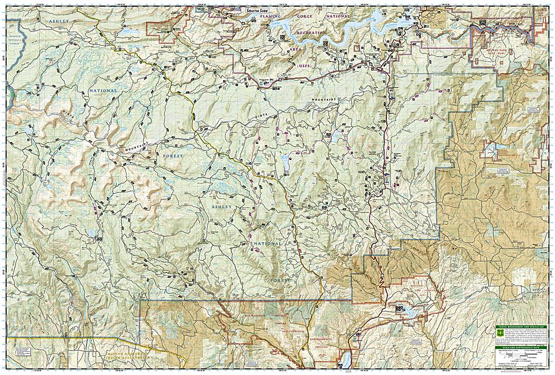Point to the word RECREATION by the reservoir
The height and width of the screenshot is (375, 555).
click(x=311, y=33)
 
